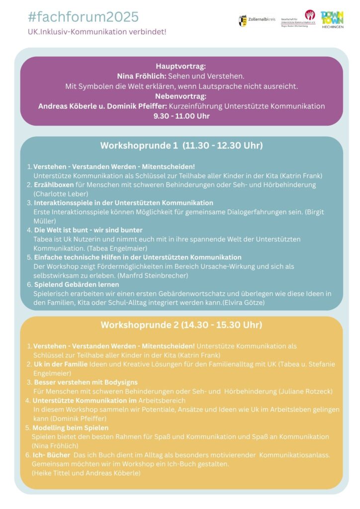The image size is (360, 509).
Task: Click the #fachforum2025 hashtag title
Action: (x=84, y=17)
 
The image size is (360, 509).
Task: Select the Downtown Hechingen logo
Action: (x=333, y=20)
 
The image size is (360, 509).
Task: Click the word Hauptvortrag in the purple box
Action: (x=180, y=66)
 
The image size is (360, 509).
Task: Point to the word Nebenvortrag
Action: (x=180, y=96)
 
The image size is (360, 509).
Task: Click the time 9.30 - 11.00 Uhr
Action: (x=180, y=116)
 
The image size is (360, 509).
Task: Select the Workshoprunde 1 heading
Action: (x=181, y=146)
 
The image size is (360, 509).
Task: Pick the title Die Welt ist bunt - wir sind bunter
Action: (x=88, y=230)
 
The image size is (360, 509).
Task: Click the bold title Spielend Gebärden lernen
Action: (x=77, y=284)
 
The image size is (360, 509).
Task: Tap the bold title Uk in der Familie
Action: (x=60, y=364)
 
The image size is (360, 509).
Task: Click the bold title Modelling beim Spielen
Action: (x=71, y=427)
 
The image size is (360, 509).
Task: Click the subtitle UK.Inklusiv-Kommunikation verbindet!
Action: (x=97, y=31)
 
